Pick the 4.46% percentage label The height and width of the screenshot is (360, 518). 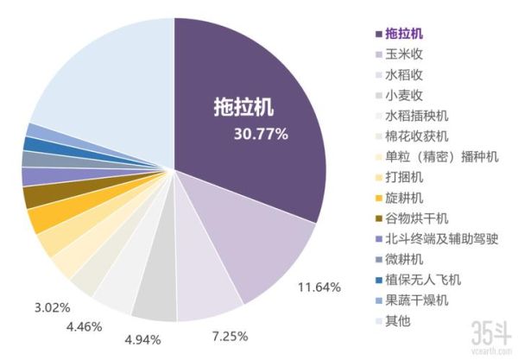click(84, 326)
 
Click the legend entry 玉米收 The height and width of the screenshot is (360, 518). click(405, 53)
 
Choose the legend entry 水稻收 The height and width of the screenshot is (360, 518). click(405, 73)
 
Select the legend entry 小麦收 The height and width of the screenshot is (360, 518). click(405, 94)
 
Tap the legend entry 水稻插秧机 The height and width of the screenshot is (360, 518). click(417, 115)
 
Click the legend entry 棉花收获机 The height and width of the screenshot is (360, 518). click(417, 136)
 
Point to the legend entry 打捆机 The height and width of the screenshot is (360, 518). click(405, 177)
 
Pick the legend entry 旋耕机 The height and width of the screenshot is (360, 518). click(405, 198)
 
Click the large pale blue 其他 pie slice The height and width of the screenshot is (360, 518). click(104, 78)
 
